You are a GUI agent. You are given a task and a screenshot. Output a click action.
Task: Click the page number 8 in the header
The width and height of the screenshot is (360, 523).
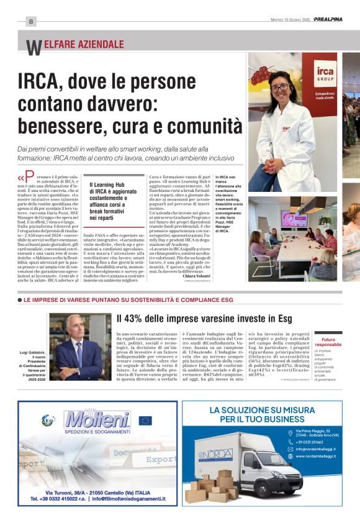[x=30, y=21]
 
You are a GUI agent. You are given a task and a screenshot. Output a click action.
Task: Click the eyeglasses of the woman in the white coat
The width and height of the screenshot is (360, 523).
[x=280, y=88]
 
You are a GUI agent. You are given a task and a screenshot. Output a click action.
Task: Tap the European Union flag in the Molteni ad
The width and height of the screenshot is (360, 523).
[x=145, y=421]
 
